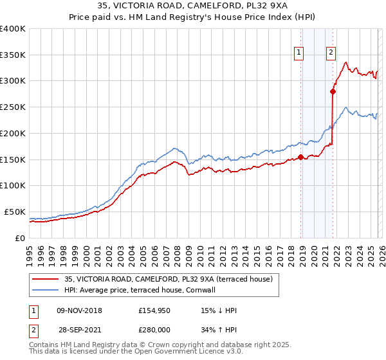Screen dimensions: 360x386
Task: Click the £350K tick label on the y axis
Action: click(x=13, y=55)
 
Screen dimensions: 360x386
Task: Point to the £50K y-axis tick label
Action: click(x=15, y=212)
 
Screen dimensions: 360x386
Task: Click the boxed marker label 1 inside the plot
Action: click(x=300, y=53)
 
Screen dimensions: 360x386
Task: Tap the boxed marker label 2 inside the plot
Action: click(x=331, y=53)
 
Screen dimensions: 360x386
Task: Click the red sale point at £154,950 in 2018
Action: click(x=301, y=157)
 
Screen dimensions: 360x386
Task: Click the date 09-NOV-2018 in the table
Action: click(x=79, y=310)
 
